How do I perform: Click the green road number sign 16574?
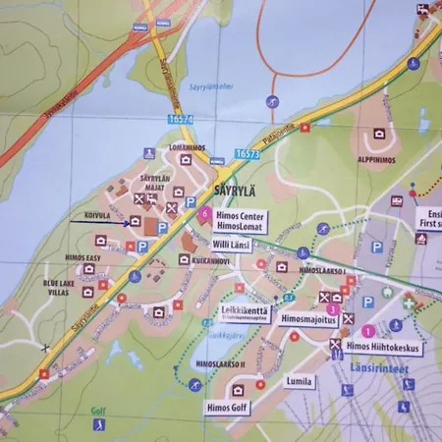[x=182, y=119]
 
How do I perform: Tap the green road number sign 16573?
[x=248, y=154]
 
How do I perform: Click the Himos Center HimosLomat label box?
[x=240, y=219]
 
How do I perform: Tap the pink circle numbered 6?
[x=204, y=213]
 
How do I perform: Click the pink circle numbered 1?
[x=368, y=332]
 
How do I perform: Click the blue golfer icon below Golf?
[x=98, y=424]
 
